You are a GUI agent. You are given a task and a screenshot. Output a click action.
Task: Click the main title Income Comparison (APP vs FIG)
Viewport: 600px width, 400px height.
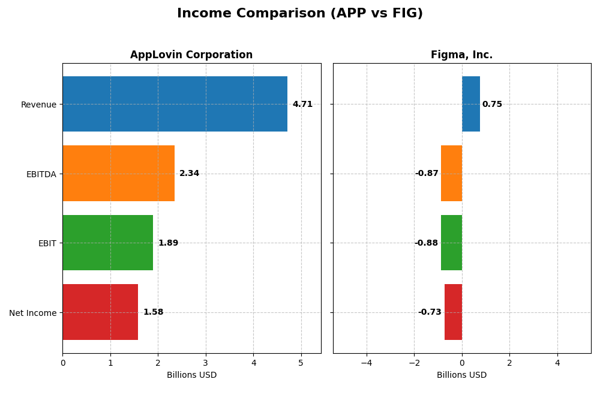tap(299, 13)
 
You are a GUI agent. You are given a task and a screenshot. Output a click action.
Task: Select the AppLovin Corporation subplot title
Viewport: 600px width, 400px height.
tap(191, 55)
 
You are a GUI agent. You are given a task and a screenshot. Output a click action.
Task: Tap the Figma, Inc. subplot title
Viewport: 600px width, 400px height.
tap(461, 55)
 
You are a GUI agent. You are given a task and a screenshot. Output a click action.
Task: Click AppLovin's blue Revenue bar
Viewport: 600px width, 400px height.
tap(175, 104)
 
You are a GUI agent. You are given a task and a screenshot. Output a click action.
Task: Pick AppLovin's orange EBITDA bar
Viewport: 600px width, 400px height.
tap(118, 173)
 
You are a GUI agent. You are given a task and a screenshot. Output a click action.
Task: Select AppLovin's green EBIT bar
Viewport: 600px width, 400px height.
tap(107, 243)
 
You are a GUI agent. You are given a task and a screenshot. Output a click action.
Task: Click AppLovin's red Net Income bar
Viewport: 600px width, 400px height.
tap(100, 312)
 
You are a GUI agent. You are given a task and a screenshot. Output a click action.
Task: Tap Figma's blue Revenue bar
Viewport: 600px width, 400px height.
tap(471, 104)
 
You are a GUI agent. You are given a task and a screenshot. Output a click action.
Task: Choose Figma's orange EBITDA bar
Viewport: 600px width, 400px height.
tap(451, 173)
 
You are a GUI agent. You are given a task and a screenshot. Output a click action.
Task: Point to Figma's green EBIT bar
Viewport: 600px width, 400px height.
tap(451, 243)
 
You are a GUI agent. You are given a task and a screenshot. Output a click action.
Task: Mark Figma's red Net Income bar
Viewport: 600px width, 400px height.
tap(453, 312)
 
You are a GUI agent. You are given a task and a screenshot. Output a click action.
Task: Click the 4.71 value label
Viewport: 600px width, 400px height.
tap(302, 105)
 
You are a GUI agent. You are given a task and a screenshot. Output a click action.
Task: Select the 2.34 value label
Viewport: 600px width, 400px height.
tap(189, 174)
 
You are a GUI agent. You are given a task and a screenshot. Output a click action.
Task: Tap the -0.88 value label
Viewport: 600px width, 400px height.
tap(426, 243)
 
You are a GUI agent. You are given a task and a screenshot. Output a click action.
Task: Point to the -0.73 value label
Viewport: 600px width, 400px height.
tap(430, 312)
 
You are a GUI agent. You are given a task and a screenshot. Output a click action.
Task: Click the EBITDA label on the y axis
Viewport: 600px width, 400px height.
tap(41, 174)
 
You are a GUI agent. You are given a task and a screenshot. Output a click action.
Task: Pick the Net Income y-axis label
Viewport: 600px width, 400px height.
tap(32, 313)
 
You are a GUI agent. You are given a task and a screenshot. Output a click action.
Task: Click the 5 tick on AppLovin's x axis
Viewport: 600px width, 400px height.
tap(301, 363)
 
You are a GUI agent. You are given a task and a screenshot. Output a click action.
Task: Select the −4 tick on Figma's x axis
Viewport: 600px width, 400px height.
tap(366, 363)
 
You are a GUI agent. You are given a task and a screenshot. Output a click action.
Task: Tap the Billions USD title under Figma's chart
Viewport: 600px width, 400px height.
tap(461, 375)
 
